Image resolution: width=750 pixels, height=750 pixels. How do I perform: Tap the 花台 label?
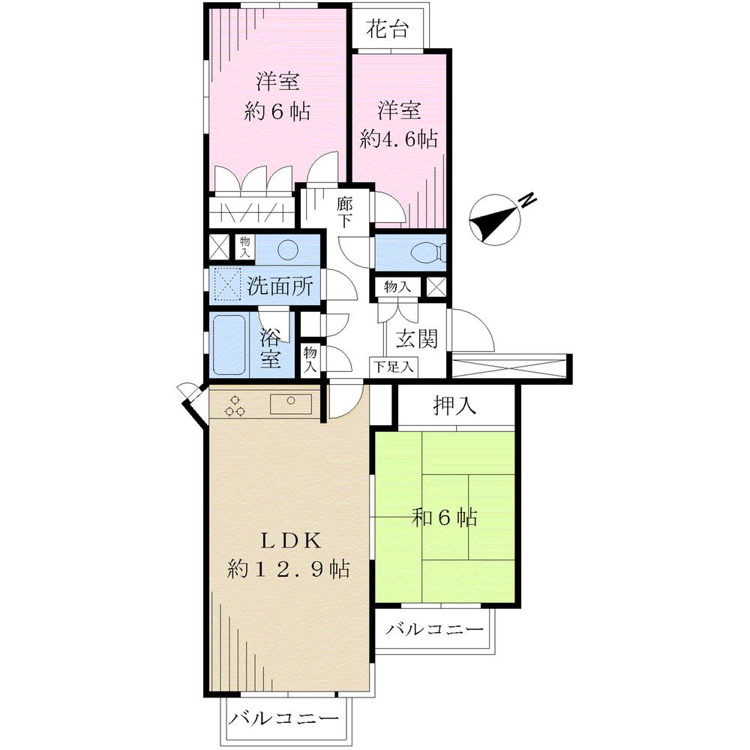coord(387,30)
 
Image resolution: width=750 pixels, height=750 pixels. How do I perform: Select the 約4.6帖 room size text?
coord(398,139)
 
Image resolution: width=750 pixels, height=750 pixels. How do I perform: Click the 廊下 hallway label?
coord(344,211)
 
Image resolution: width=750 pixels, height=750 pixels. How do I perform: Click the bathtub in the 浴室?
coord(230,345)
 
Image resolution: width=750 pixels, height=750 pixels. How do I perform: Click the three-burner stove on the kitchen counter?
coord(235,405)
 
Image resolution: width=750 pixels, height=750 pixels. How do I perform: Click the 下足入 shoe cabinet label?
coord(394,367)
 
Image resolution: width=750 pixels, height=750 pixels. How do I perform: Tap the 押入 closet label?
coord(455,406)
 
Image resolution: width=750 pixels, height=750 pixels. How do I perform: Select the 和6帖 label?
coord(445,517)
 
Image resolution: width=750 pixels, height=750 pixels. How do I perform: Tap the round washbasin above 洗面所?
coord(289,249)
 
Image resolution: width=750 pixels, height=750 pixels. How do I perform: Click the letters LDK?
coord(290,539)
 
